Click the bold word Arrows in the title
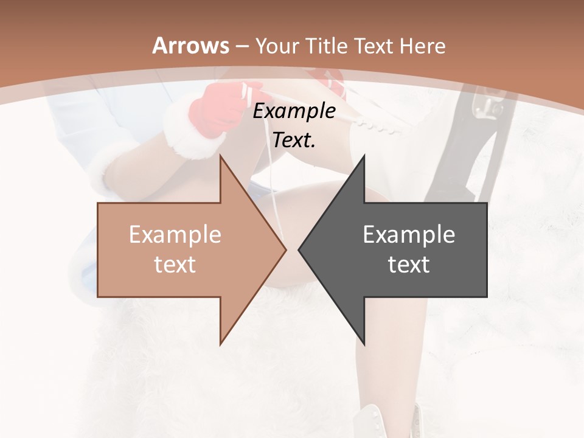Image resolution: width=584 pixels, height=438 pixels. (x=191, y=46)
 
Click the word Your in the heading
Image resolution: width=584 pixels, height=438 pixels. (x=277, y=46)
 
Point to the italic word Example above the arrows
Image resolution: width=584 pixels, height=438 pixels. (x=294, y=111)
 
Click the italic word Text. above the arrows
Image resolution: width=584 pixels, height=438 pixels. (x=294, y=141)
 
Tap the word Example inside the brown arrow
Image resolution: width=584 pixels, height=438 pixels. (x=175, y=235)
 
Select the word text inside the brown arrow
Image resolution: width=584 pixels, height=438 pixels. (x=175, y=264)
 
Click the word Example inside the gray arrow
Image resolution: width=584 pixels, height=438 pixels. (x=409, y=235)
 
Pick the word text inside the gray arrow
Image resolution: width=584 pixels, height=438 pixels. (x=409, y=264)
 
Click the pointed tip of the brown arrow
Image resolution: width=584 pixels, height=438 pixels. (x=285, y=249)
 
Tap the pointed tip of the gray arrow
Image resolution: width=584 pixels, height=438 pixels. (x=299, y=249)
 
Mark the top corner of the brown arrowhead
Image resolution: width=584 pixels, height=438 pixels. (x=221, y=156)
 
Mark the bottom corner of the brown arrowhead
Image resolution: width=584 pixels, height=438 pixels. (x=221, y=344)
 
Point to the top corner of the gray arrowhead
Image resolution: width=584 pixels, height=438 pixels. (x=364, y=156)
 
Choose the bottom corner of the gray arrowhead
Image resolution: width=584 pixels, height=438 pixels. (x=364, y=344)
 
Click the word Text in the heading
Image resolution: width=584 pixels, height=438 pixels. (x=374, y=46)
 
